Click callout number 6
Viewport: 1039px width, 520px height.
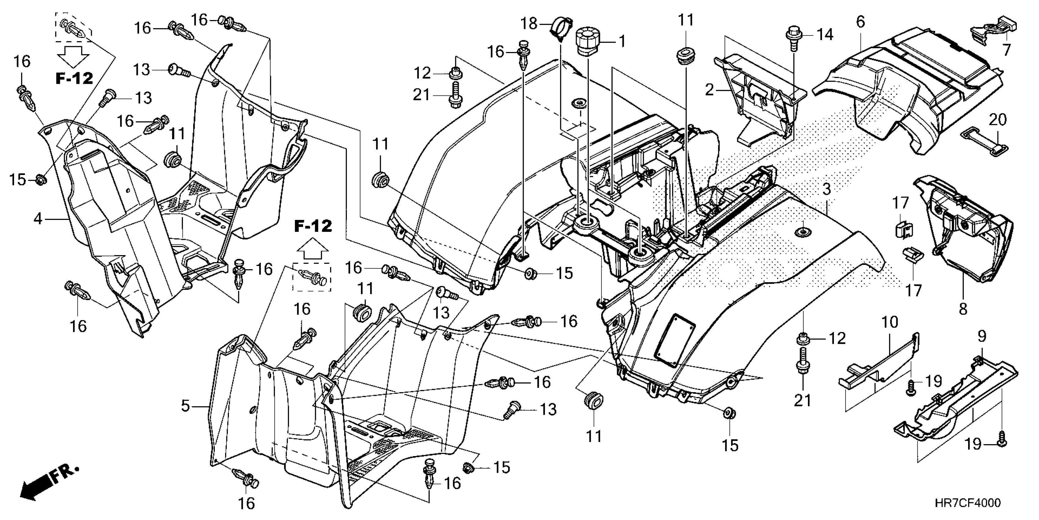tap(860, 22)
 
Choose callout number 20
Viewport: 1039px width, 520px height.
tap(997, 120)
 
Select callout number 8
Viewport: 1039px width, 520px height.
tap(963, 309)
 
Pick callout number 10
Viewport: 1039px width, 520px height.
tap(890, 322)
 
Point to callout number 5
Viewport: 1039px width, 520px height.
tap(185, 406)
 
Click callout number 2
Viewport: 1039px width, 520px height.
tap(710, 90)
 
